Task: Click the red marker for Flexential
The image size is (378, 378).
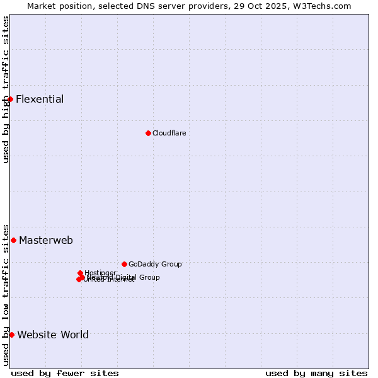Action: pos(10,99)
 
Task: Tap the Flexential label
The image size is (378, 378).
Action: pos(40,100)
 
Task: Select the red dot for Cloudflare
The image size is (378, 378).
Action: pos(148,133)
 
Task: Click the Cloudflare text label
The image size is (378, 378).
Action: pos(169,133)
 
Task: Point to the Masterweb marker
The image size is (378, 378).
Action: pos(13,240)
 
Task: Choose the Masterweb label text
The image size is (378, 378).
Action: pos(46,241)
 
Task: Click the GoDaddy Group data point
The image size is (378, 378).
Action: pos(124,264)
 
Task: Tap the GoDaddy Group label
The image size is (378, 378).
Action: pos(155,265)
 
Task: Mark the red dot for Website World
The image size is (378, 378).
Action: pos(11,335)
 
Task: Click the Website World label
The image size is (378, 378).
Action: pos(53,335)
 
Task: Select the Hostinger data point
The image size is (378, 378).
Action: pos(80,273)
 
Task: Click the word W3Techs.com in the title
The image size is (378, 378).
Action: pos(324,6)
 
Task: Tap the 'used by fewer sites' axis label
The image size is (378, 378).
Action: pos(65,373)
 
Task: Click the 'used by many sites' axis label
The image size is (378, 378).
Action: pos(316,373)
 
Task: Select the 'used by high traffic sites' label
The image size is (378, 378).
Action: pos(6,89)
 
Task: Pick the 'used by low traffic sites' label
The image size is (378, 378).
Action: pos(6,294)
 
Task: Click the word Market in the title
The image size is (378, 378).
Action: pos(43,6)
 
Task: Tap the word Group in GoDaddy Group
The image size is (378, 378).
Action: pos(171,265)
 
